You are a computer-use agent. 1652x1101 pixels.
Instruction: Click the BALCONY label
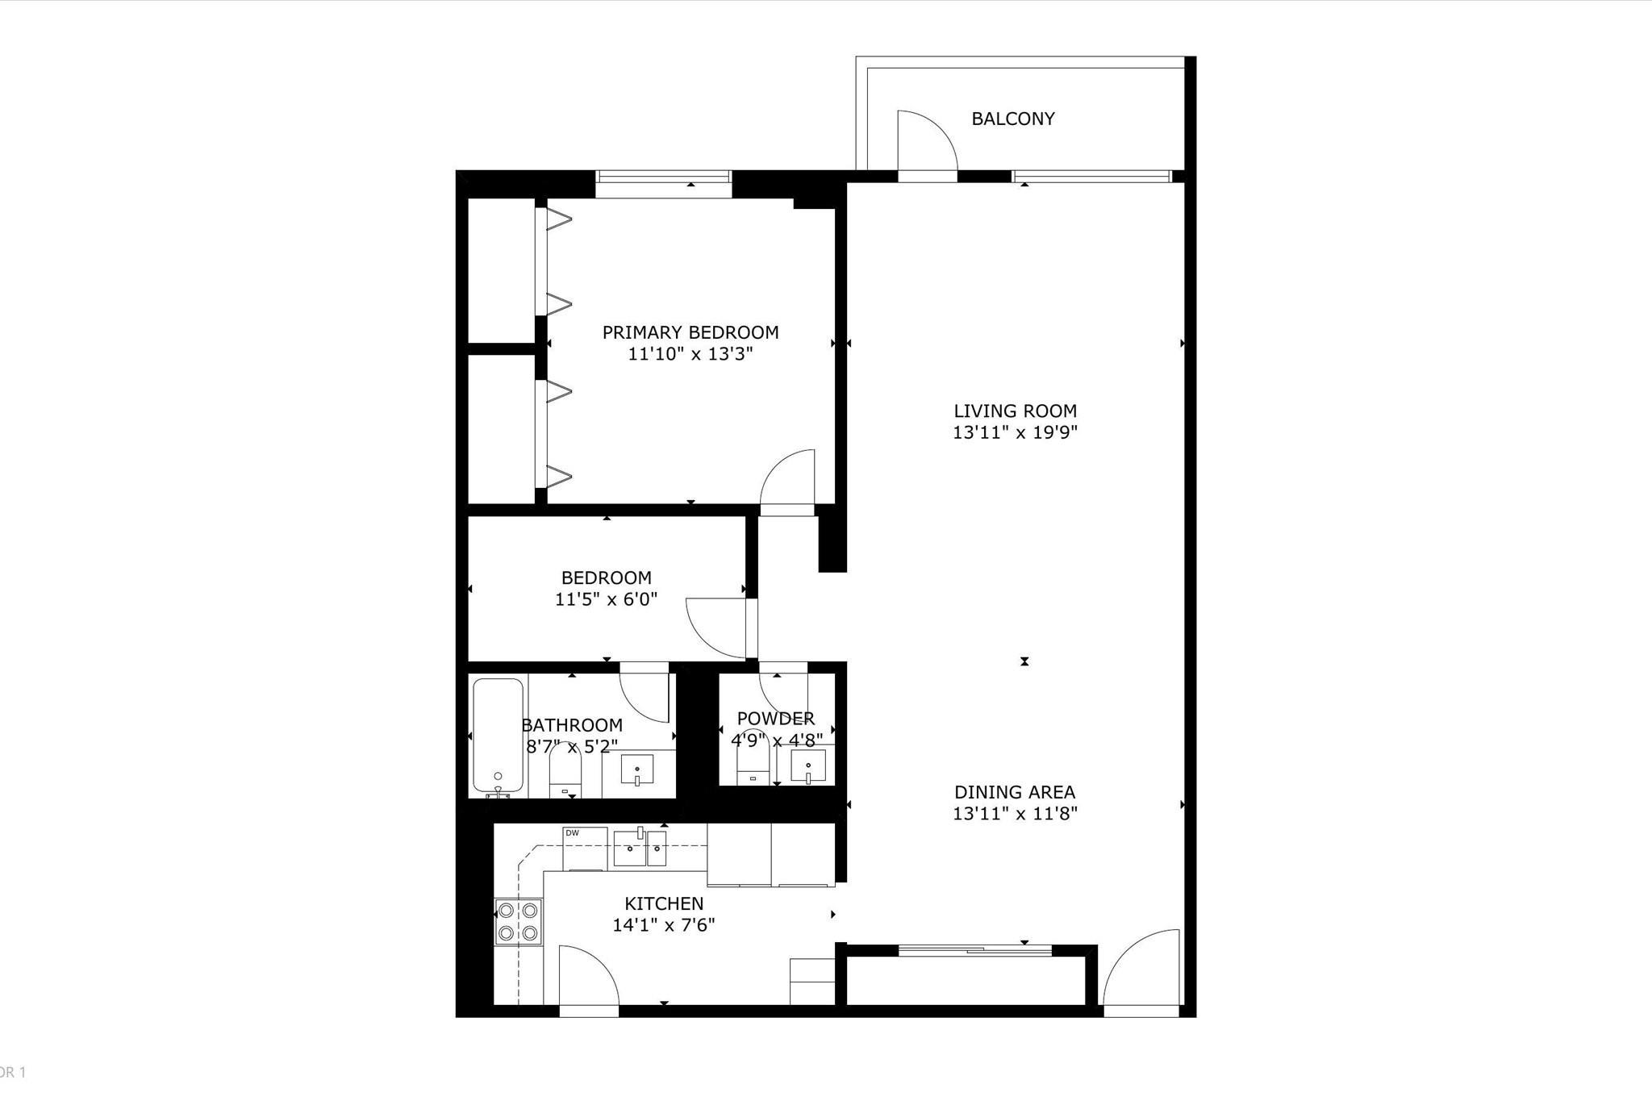pyautogui.click(x=1012, y=119)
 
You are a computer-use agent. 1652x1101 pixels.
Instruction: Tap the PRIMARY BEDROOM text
pyautogui.click(x=690, y=332)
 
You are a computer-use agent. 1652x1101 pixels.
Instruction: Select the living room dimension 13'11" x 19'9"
pyautogui.click(x=1015, y=432)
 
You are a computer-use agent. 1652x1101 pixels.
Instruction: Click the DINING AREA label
pyautogui.click(x=1015, y=792)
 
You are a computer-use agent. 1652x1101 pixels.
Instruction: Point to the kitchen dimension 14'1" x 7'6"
pyautogui.click(x=664, y=925)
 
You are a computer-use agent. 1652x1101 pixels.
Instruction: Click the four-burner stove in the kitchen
pyautogui.click(x=518, y=921)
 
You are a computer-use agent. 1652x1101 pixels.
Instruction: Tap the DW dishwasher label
pyautogui.click(x=573, y=833)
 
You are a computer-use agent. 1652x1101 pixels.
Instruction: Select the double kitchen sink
pyautogui.click(x=640, y=847)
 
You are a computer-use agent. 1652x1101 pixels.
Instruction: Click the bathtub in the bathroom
pyautogui.click(x=498, y=735)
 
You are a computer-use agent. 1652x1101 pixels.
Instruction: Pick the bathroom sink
pyautogui.click(x=637, y=769)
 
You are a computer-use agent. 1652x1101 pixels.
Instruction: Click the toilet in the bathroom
pyautogui.click(x=565, y=770)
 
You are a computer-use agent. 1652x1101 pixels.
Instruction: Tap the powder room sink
pyautogui.click(x=807, y=766)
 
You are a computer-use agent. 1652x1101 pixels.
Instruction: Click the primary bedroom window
pyautogui.click(x=663, y=177)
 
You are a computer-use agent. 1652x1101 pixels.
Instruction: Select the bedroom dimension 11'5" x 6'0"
pyautogui.click(x=606, y=599)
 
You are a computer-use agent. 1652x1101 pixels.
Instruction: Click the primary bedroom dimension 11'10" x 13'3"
pyautogui.click(x=690, y=354)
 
